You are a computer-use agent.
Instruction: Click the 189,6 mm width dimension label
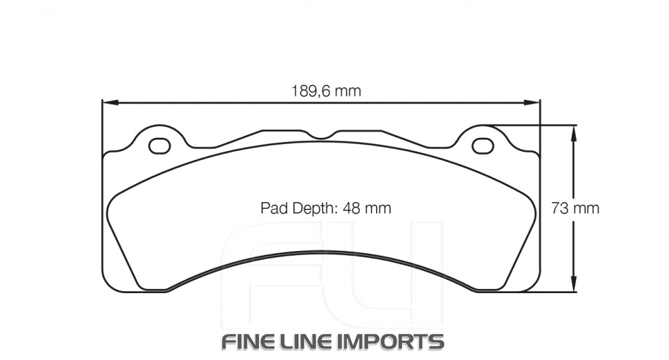coord(326,91)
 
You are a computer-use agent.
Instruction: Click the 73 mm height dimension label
coord(575,208)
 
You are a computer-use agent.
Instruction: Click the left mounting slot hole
coord(159,145)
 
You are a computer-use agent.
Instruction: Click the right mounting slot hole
coord(481,145)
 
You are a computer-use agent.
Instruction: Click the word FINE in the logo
coord(250,341)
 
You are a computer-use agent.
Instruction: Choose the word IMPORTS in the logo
coord(391,341)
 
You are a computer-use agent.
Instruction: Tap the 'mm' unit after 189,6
coord(348,91)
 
